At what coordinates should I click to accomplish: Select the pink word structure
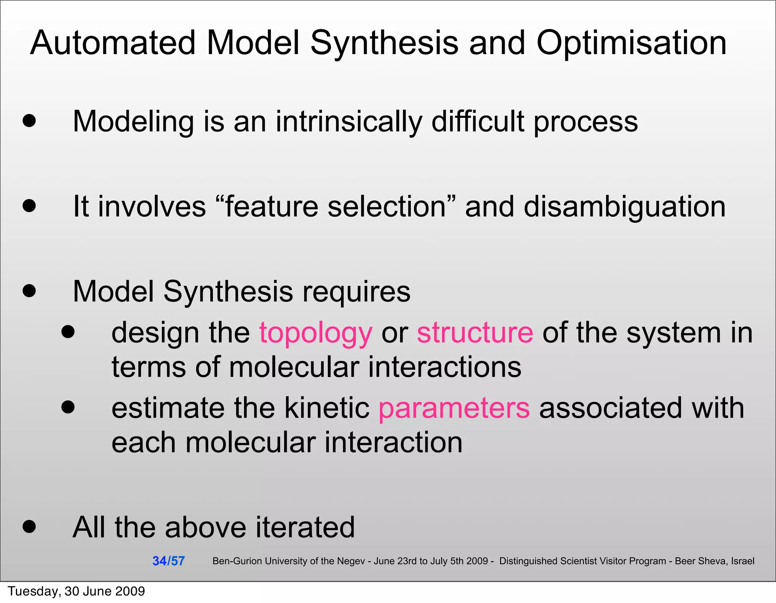[x=475, y=332]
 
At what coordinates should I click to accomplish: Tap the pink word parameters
[x=454, y=408]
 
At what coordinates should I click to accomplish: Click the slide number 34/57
[x=168, y=561]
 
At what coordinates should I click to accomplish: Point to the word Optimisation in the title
[x=631, y=43]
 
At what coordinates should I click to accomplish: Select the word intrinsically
[x=349, y=122]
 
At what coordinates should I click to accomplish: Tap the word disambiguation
[x=624, y=207]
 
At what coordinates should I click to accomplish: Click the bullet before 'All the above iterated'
[x=29, y=526]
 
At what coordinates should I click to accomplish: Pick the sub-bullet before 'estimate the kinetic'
[x=68, y=407]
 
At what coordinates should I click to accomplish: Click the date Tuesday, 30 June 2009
[x=76, y=591]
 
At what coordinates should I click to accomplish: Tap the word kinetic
[x=327, y=408]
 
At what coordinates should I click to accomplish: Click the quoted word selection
[x=386, y=207]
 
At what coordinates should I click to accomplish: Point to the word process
[x=586, y=122]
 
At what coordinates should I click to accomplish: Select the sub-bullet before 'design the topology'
[x=68, y=332]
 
